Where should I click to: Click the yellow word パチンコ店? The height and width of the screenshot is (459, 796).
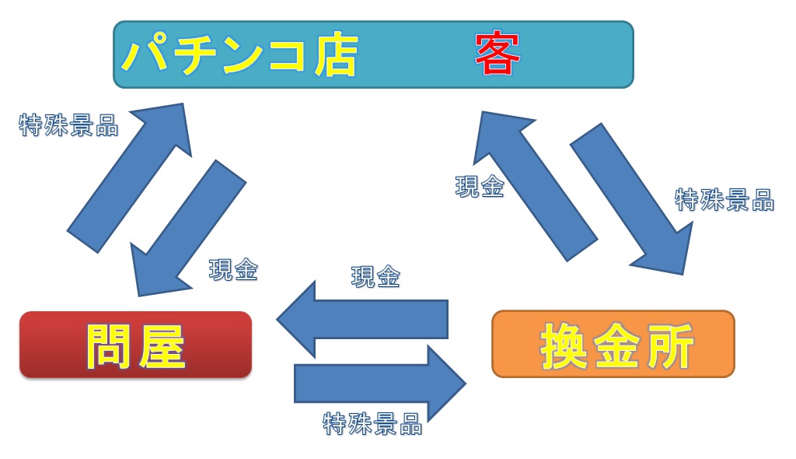[x=239, y=55]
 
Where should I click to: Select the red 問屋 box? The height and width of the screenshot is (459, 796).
[x=135, y=345]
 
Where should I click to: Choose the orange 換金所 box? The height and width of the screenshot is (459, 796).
[x=613, y=344]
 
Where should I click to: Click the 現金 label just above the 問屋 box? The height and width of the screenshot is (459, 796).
[x=233, y=270]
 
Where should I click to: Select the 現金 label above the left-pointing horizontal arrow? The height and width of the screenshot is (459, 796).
[x=375, y=276]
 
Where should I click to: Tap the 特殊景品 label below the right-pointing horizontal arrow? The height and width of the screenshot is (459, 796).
[x=372, y=424]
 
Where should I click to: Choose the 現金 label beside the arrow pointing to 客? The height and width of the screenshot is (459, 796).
[x=480, y=187]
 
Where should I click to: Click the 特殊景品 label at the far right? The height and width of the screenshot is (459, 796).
[x=724, y=200]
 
